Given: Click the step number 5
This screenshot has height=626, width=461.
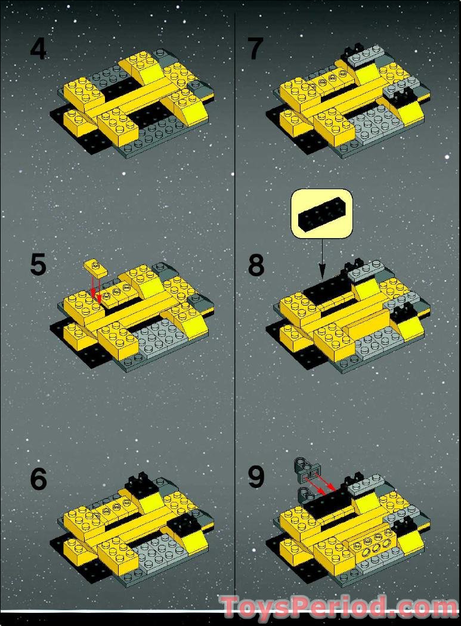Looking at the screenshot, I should (38, 264).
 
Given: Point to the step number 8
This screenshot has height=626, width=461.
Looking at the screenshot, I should (256, 264).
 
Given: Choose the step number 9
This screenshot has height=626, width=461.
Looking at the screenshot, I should (256, 477).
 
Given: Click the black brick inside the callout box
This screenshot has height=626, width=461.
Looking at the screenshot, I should (321, 214).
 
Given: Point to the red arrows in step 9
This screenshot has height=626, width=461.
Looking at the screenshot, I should (320, 485).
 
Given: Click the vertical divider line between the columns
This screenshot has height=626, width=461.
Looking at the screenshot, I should (235, 298).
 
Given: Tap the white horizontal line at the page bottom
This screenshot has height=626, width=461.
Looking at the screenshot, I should (107, 612).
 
